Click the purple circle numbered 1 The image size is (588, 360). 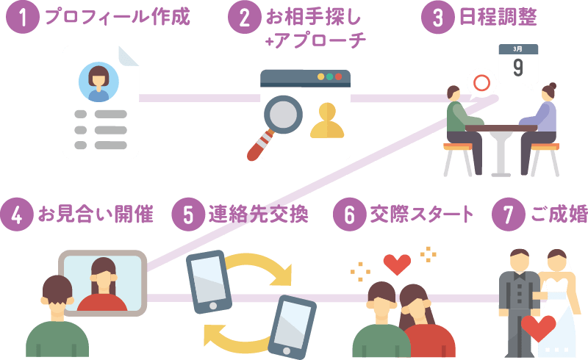pos(22,18)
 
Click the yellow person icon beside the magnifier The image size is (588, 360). pos(327,121)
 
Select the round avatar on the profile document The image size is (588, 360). pos(98,81)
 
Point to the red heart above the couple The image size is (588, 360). pos(397,263)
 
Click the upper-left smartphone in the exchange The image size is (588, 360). pos(208,281)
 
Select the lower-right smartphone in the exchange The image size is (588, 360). pos(293,325)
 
